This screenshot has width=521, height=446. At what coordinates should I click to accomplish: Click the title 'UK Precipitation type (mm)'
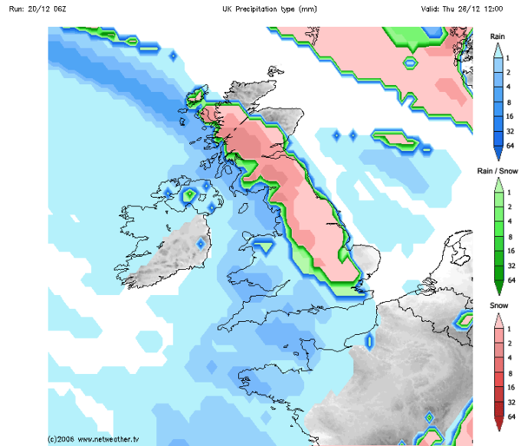(x=270, y=10)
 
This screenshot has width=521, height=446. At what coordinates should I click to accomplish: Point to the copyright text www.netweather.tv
(x=95, y=439)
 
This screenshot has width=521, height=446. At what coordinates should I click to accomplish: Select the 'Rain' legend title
(x=498, y=36)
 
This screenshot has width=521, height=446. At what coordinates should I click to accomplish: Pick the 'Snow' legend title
(x=498, y=307)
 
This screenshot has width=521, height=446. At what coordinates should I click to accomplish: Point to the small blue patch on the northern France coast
(x=368, y=341)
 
